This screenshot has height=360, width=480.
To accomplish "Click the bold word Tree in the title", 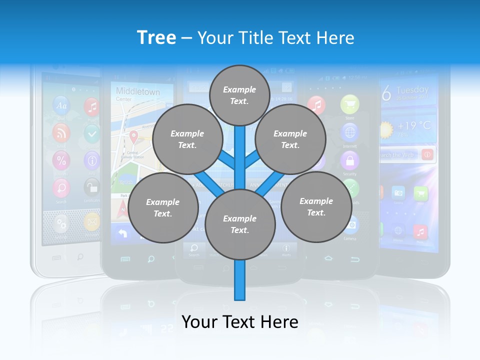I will click(x=156, y=37).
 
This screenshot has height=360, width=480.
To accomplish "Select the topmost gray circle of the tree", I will click(x=239, y=95).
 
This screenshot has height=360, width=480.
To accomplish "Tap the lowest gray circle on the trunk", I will click(x=240, y=224).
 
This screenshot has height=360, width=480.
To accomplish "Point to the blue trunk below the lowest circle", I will click(x=240, y=280).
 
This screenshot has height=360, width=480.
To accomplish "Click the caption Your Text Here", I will click(x=240, y=322).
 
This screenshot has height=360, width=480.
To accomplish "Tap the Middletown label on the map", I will click(x=137, y=91).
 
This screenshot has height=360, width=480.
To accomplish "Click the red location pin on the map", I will click(x=133, y=136).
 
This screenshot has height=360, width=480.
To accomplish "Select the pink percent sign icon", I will click(x=61, y=160).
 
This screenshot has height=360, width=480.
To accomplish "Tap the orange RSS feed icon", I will click(x=61, y=132).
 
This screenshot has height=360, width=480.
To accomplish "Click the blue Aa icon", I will click(x=61, y=105).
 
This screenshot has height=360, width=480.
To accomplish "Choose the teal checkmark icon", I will click(x=91, y=133).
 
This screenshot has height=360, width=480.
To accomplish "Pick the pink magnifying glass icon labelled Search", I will click(x=61, y=188).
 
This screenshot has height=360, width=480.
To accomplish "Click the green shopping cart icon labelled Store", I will click(x=349, y=105).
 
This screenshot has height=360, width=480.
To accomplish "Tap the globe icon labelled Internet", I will click(x=349, y=133).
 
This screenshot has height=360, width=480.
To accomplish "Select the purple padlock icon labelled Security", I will click(x=349, y=161).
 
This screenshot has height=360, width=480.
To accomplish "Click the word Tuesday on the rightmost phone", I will click(x=412, y=90).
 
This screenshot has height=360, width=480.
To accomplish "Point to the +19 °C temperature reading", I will click(x=414, y=125).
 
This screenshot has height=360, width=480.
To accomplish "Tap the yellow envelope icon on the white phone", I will click(x=91, y=221).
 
